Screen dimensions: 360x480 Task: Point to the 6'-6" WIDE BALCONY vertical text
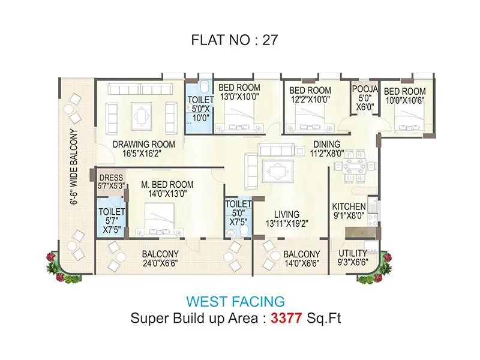[75, 167]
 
